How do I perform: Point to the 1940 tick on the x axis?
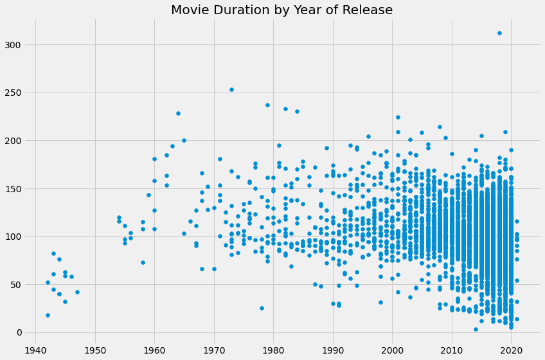36,350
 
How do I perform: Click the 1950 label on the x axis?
95,350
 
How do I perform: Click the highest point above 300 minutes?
499,33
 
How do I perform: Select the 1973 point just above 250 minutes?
231,90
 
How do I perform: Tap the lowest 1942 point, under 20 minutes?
48,315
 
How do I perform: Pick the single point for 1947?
77,292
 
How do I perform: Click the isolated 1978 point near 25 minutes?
262,308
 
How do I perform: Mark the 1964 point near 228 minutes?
178,114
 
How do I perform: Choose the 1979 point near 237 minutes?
267,105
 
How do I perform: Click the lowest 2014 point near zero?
476,329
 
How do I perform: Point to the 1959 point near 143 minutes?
148,195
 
